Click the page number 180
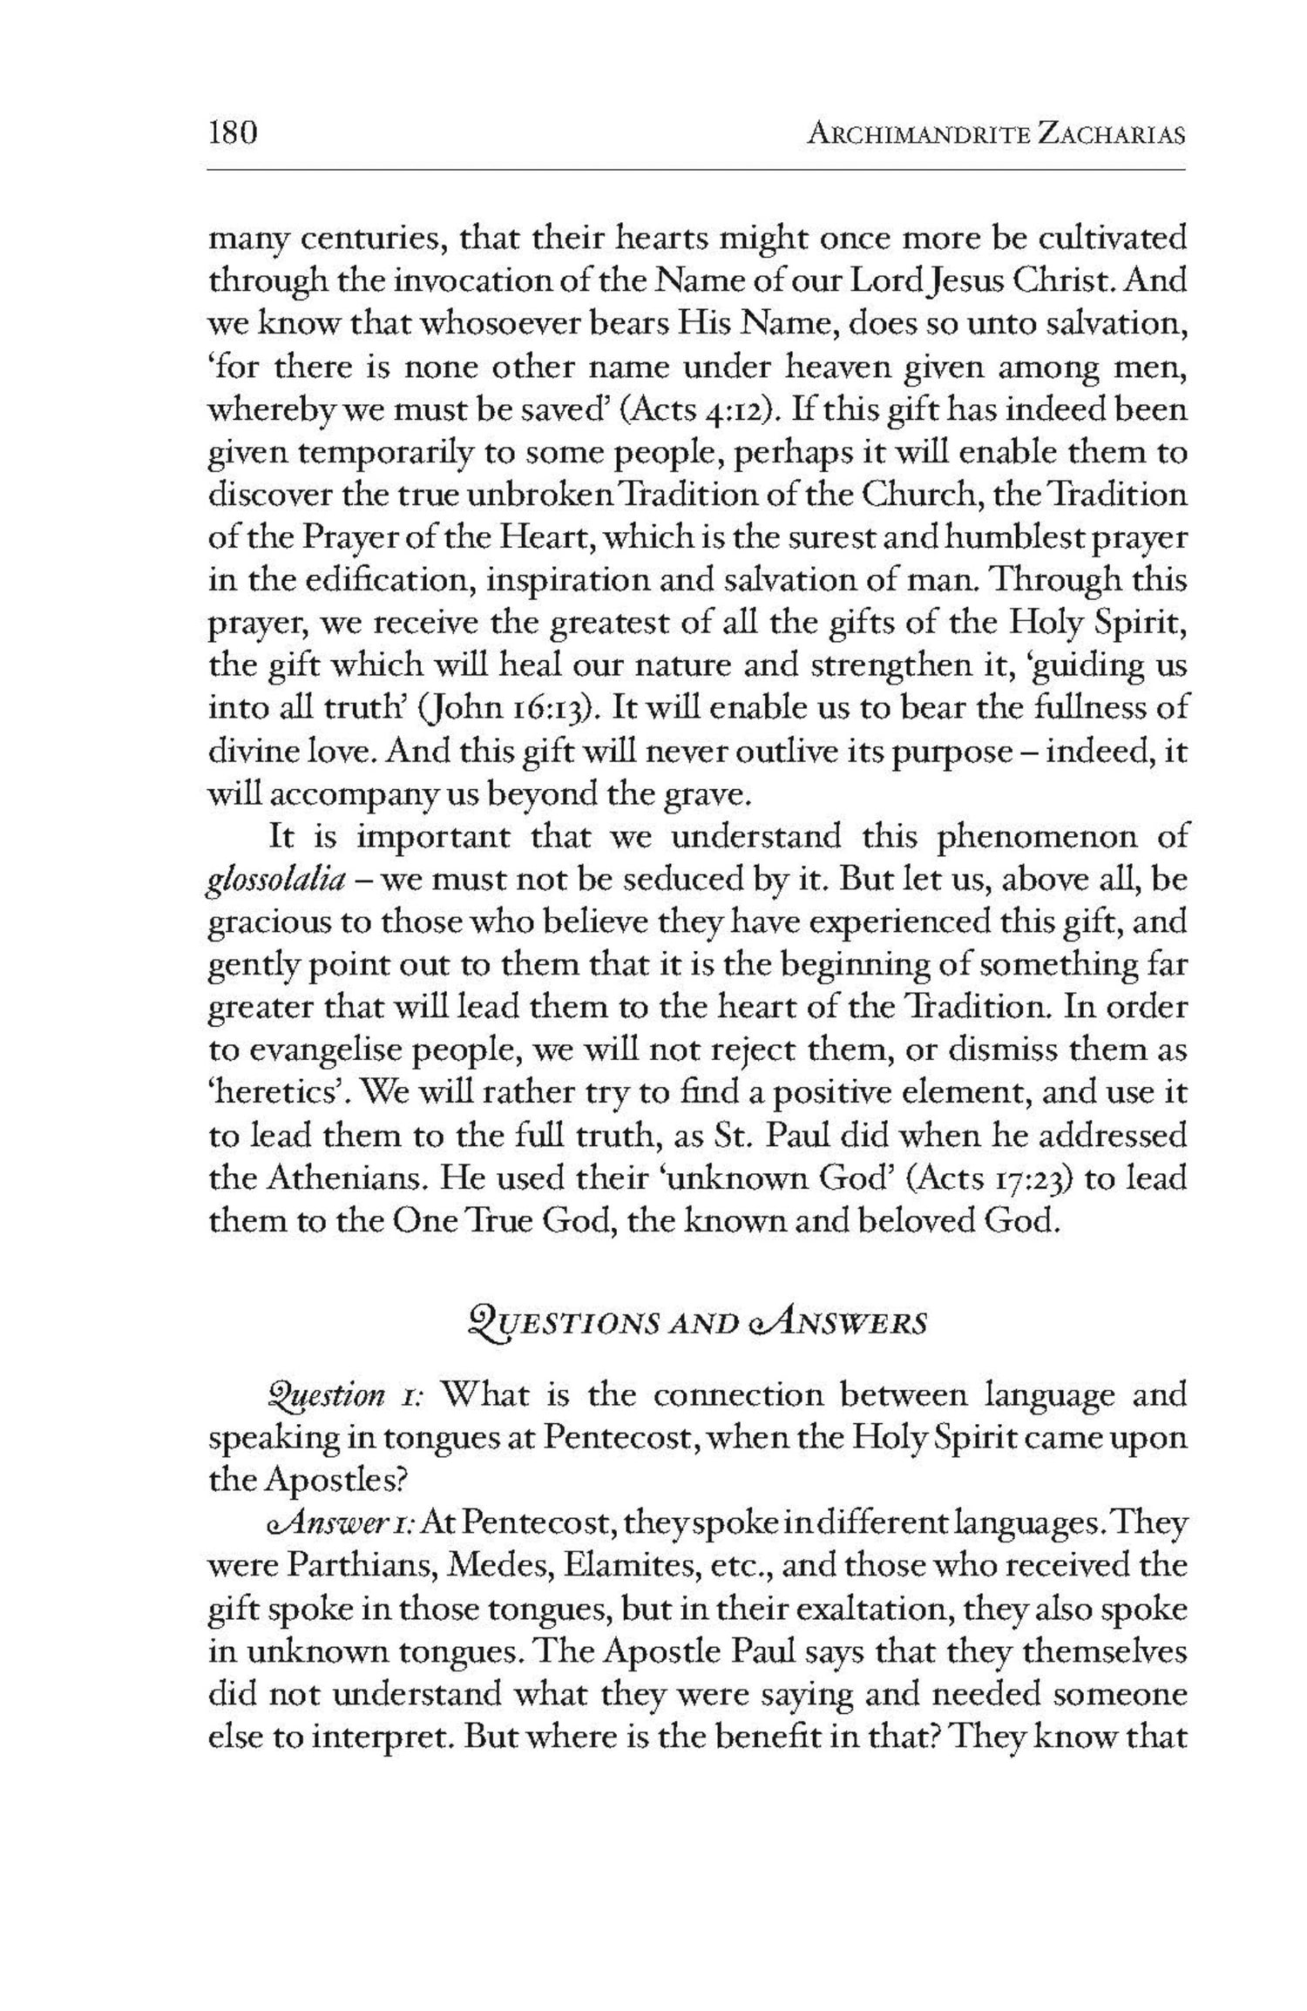click(233, 134)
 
